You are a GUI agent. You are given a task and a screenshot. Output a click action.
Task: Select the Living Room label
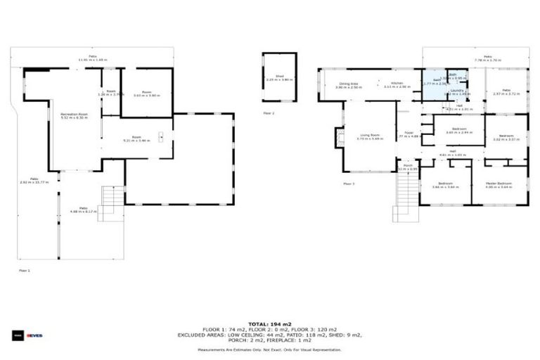coord(366,136)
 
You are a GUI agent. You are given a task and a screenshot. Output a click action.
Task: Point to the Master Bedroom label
coord(499,184)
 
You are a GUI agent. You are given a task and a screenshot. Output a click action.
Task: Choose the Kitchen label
coord(397,84)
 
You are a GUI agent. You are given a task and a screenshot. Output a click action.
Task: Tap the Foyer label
coord(409,132)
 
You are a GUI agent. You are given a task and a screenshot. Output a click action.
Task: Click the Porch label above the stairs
coord(408,167)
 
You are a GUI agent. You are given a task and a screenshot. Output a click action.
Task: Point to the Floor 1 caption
coord(25,269)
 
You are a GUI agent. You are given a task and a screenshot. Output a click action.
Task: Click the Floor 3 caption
coord(349,184)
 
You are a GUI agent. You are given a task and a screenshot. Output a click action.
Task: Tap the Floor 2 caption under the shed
coord(269,112)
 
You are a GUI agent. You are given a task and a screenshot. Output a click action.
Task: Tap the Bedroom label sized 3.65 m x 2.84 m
coord(459,130)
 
